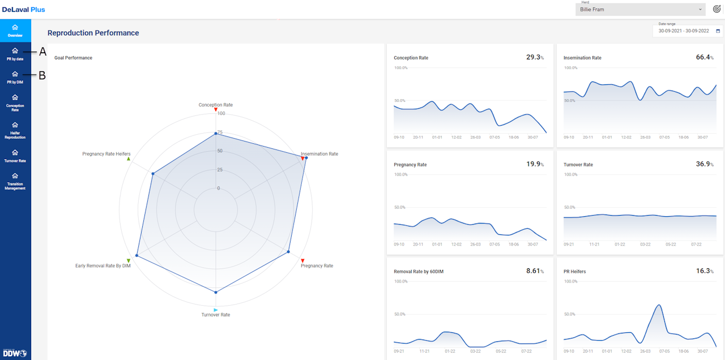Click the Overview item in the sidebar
tap(15, 31)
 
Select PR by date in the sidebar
tap(15, 54)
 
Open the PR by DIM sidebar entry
tap(15, 77)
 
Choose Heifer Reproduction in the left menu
tap(15, 130)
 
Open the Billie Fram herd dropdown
tap(641, 10)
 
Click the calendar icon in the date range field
tap(718, 32)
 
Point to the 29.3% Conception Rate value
tap(535, 57)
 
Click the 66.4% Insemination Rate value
tap(705, 57)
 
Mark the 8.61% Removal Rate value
tap(535, 271)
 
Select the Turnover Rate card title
tap(578, 165)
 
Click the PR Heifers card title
tap(575, 272)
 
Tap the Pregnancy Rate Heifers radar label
tap(106, 154)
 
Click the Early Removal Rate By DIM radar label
tap(103, 265)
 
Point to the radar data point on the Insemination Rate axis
tap(306, 158)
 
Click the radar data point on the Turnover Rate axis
tap(216, 292)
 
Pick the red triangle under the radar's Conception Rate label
tap(216, 110)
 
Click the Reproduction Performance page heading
tap(93, 33)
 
